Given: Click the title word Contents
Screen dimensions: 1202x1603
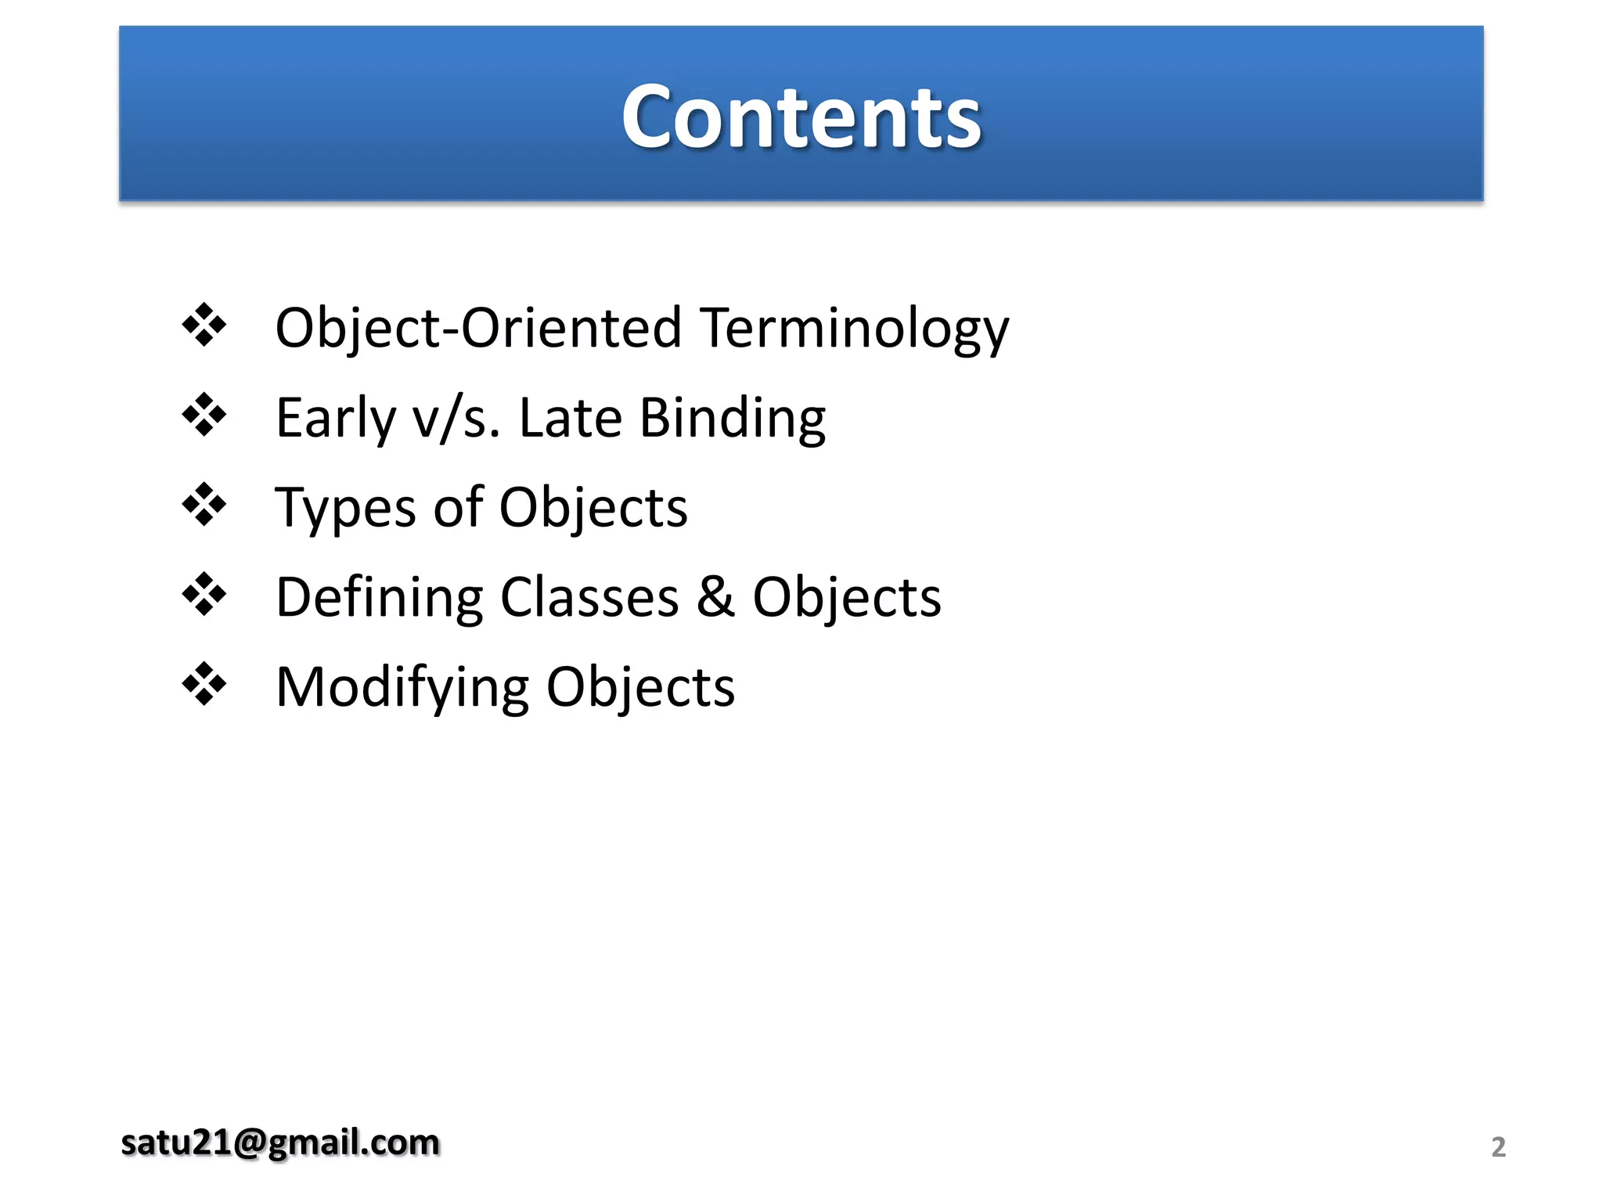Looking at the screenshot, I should tap(801, 117).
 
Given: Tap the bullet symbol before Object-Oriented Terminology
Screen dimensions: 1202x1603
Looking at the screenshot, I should tap(204, 324).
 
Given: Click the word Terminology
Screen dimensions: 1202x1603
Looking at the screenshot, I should tap(854, 329).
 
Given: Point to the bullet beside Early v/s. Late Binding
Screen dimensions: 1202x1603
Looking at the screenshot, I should tap(204, 414).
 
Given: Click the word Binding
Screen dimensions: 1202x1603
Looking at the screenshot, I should tap(733, 419).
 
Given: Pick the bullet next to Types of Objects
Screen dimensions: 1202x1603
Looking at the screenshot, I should tap(204, 504).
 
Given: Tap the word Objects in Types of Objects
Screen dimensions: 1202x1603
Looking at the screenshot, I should tap(593, 509).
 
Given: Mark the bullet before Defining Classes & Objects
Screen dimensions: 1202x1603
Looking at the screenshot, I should tap(204, 594).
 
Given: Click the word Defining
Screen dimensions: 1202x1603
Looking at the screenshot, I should tap(380, 599).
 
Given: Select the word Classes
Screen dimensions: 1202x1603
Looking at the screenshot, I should tap(589, 597).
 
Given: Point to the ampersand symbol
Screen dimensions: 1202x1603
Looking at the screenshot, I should tap(715, 597).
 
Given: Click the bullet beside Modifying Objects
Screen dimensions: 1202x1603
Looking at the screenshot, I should tap(204, 684).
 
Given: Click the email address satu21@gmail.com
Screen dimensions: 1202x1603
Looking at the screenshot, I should tap(280, 1143).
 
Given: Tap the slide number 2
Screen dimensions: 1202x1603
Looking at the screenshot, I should tap(1498, 1146).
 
